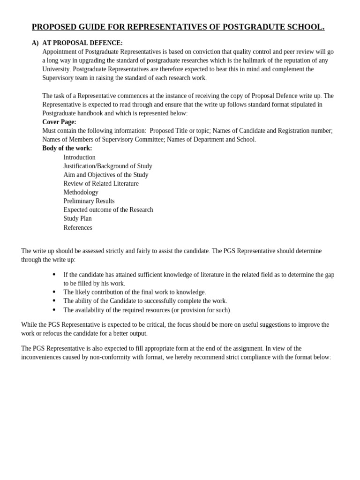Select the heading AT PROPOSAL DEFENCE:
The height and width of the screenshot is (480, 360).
coord(82,43)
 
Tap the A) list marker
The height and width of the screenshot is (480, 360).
coord(35,43)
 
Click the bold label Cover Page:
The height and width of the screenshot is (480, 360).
coord(59,122)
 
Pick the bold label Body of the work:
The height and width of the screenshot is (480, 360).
coord(67,148)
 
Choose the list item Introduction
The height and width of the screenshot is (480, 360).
coord(79,157)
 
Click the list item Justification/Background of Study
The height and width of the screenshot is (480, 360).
coord(108,166)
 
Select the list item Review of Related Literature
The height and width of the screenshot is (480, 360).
coord(101,184)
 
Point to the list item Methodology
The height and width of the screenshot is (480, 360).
coord(81,192)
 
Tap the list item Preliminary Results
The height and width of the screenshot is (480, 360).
coord(89,201)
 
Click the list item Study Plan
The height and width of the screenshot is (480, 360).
coord(77,218)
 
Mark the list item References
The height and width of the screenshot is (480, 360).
coord(78,228)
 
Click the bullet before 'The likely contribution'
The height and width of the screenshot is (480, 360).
coord(54,292)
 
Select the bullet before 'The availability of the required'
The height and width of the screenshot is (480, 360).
coord(54,310)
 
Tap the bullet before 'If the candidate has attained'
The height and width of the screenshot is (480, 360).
coord(54,274)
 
